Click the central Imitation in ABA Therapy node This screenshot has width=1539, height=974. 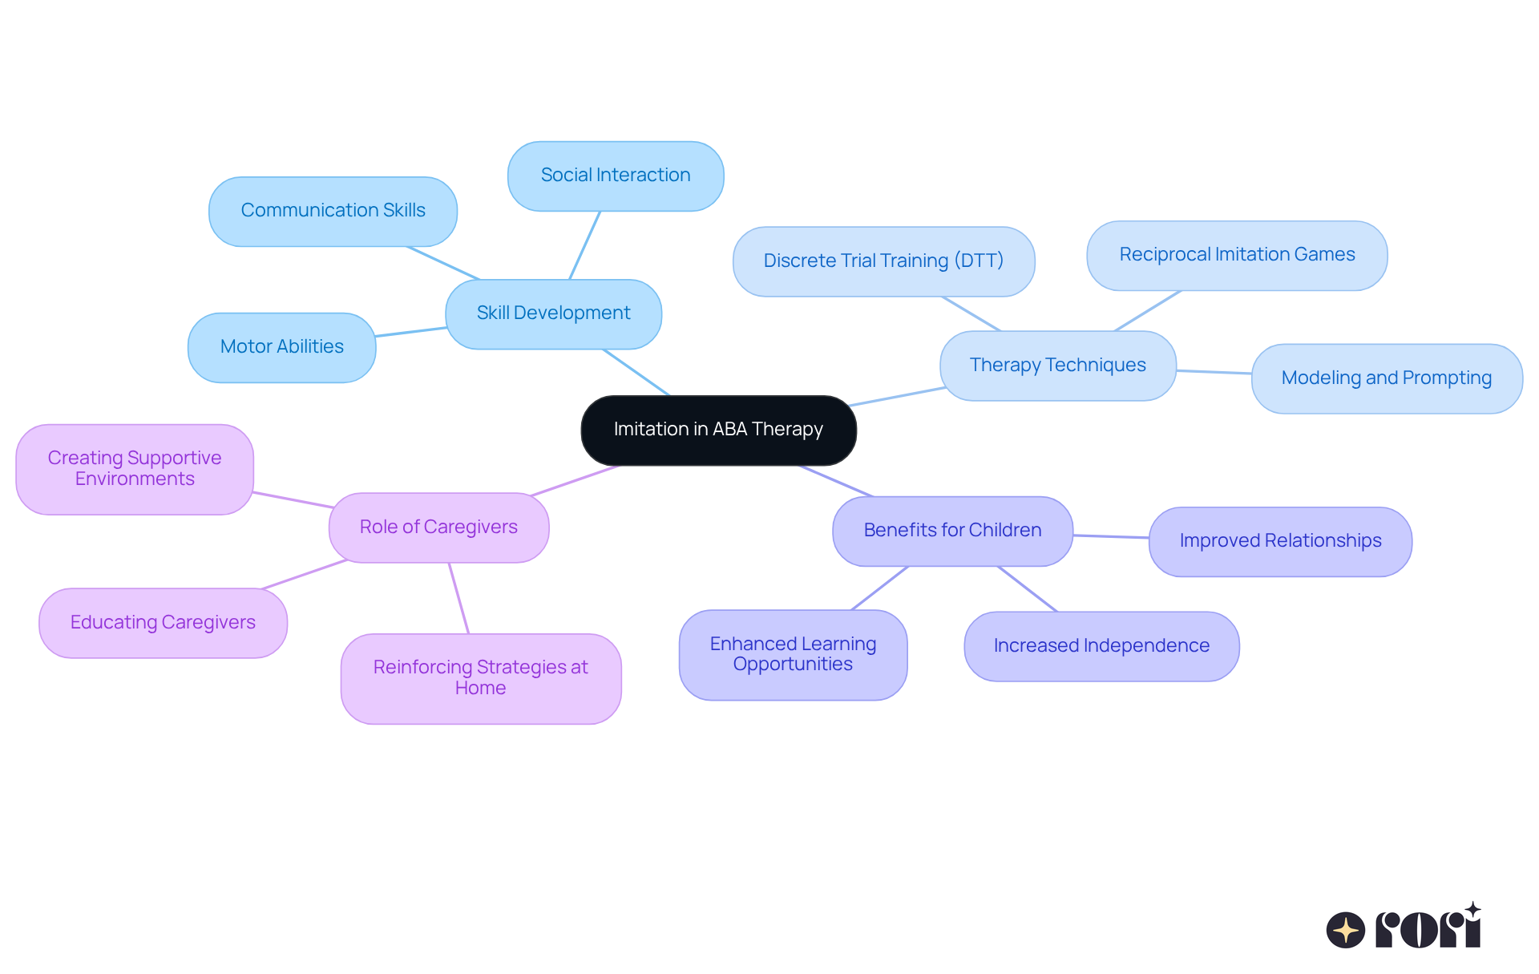click(718, 430)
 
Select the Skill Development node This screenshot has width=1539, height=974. click(553, 313)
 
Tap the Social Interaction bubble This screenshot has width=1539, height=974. click(616, 176)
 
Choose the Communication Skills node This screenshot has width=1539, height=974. click(333, 211)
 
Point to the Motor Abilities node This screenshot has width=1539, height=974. click(281, 347)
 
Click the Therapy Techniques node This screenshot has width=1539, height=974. click(1057, 366)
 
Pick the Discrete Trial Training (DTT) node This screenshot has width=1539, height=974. click(883, 261)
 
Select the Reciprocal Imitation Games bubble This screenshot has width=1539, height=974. click(1237, 255)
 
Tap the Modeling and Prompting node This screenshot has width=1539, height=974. click(1386, 378)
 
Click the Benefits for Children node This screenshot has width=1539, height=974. click(952, 531)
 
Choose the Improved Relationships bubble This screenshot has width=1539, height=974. click(1280, 541)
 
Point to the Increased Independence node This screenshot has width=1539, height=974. click(1101, 646)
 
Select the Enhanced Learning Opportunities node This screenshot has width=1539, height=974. click(793, 654)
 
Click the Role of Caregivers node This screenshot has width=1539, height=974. click(438, 527)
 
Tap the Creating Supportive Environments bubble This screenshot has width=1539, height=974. click(135, 469)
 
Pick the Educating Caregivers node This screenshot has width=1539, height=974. click(163, 623)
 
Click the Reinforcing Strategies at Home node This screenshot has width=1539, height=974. click(480, 678)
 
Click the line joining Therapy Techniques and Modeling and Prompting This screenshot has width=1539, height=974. click(1214, 372)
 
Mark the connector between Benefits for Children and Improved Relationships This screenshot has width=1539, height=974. click(1111, 536)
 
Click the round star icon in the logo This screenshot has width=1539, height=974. click(1345, 930)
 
